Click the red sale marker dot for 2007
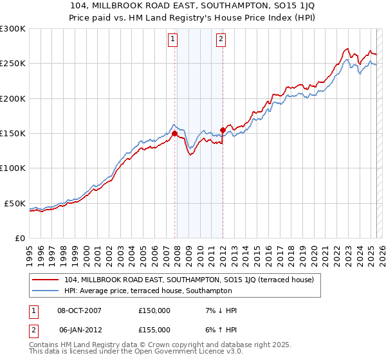[x=174, y=134]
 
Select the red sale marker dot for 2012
[x=223, y=130]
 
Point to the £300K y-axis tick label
[x=13, y=29]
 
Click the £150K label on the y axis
[x=13, y=134]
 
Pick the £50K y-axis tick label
[x=15, y=203]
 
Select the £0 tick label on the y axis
[x=21, y=238]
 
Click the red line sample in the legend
[x=46, y=280]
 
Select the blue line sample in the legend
[x=46, y=291]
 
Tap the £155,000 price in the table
[x=154, y=330]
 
